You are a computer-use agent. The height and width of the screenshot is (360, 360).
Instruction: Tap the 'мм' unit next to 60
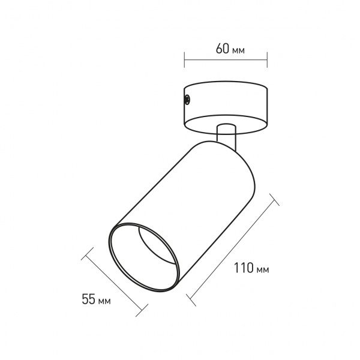[238, 50]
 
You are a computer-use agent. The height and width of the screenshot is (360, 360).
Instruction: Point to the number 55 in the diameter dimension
[88, 299]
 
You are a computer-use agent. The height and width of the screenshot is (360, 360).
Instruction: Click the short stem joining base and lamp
[226, 135]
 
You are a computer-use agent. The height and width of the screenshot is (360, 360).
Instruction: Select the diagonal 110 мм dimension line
[233, 247]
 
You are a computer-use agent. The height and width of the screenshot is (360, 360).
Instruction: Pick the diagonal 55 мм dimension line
[115, 280]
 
